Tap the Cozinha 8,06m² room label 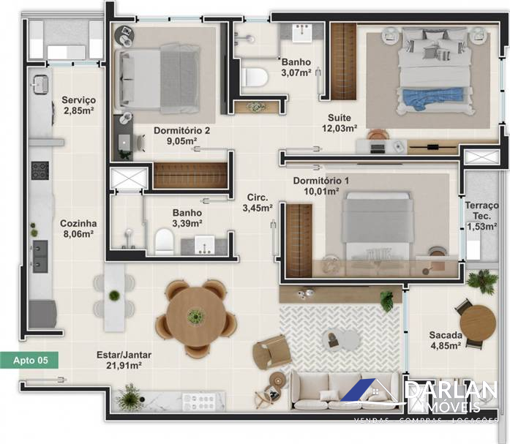pos(78,228)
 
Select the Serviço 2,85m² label pos(79,105)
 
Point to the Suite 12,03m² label pos(340,123)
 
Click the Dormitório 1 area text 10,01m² pos(322,191)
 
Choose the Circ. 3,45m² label pos(258,203)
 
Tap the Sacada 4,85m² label pos(446,340)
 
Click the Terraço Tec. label pos(481,211)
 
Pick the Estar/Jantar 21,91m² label pos(124,360)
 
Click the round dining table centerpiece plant pos(195,315)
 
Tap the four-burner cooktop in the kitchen pos(40,170)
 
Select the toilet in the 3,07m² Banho pos(255,78)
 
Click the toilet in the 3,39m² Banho pos(164,241)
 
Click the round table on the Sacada pos(478,323)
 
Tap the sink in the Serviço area pos(40,84)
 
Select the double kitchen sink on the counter pos(40,257)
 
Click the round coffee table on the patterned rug pos(341,339)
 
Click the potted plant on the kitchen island pos(114,295)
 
